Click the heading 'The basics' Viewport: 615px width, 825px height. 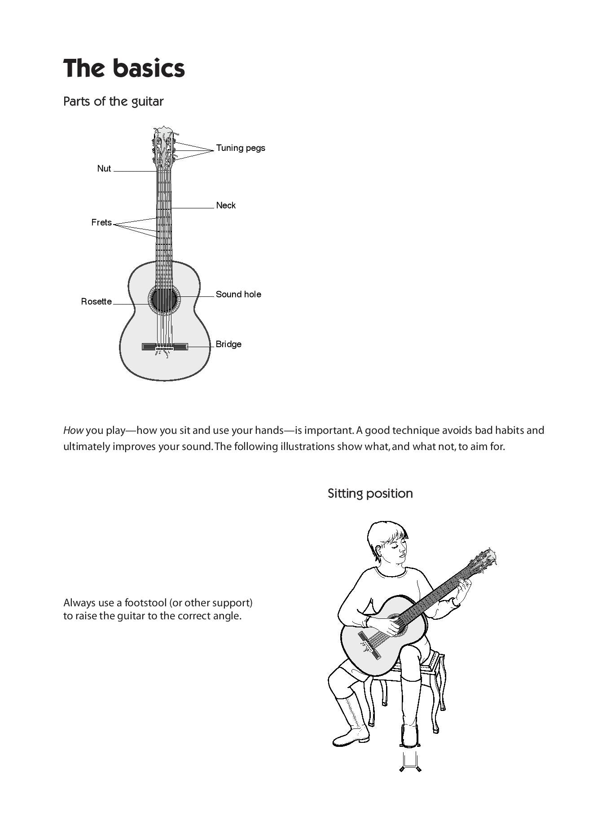[x=124, y=68]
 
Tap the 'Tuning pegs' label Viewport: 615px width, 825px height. [x=240, y=148]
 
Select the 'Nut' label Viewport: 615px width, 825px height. [x=104, y=168]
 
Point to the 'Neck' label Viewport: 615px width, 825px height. [x=225, y=205]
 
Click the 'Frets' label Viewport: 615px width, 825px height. [x=101, y=222]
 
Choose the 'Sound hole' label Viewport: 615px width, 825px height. [x=238, y=294]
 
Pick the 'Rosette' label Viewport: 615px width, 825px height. [x=96, y=301]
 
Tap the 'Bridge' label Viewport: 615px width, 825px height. [x=228, y=344]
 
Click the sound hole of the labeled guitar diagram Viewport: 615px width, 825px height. [x=164, y=299]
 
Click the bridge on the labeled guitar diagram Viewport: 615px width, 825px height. [x=165, y=347]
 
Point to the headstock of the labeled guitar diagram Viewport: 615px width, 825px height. [x=163, y=146]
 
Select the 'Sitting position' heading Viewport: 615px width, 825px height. [x=370, y=493]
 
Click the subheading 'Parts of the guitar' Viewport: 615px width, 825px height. [x=113, y=101]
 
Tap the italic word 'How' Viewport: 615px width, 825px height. [x=73, y=430]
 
